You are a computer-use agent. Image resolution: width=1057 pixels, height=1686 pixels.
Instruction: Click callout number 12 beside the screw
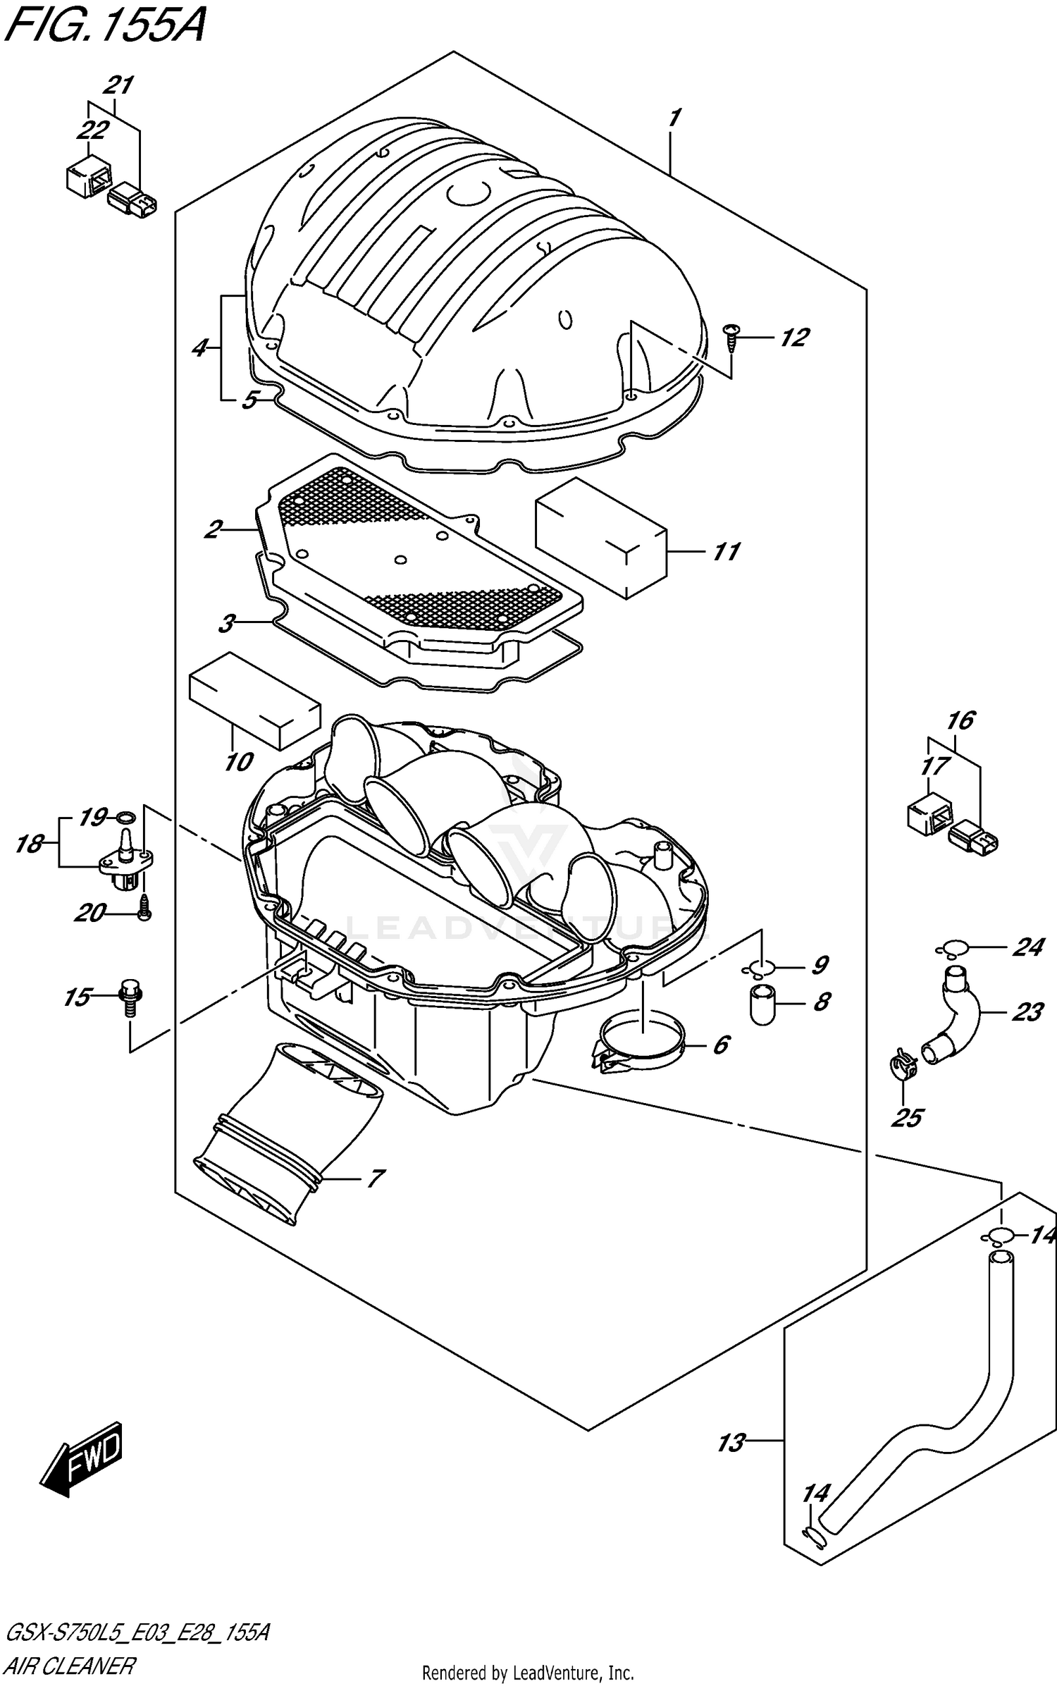pyautogui.click(x=793, y=338)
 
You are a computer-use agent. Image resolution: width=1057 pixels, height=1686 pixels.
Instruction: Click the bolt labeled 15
pyautogui.click(x=130, y=998)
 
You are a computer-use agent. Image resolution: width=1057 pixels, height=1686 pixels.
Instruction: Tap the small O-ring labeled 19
pyautogui.click(x=125, y=818)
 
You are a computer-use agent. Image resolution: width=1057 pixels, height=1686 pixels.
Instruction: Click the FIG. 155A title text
pyautogui.click(x=106, y=28)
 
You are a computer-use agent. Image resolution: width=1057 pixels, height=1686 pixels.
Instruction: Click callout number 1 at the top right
pyautogui.click(x=674, y=118)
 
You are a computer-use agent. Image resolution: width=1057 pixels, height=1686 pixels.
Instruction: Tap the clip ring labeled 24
pyautogui.click(x=953, y=948)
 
